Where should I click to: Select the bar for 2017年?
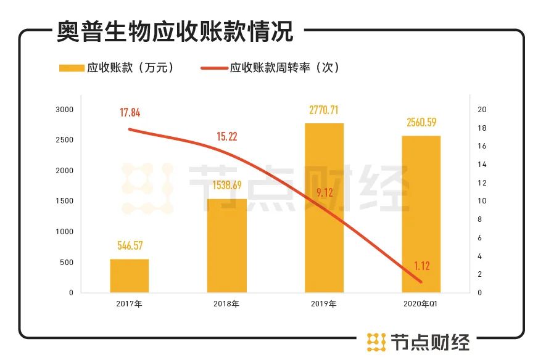click(x=130, y=276)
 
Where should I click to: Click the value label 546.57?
click(x=130, y=246)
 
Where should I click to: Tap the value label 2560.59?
click(x=421, y=123)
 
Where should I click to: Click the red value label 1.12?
click(x=421, y=266)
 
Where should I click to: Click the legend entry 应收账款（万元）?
click(x=117, y=68)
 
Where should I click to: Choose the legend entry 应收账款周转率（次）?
click(x=271, y=68)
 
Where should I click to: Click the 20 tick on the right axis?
click(x=482, y=110)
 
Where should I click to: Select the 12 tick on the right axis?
click(x=482, y=183)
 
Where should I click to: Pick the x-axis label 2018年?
click(x=226, y=304)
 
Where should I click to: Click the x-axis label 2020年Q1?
click(x=421, y=304)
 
